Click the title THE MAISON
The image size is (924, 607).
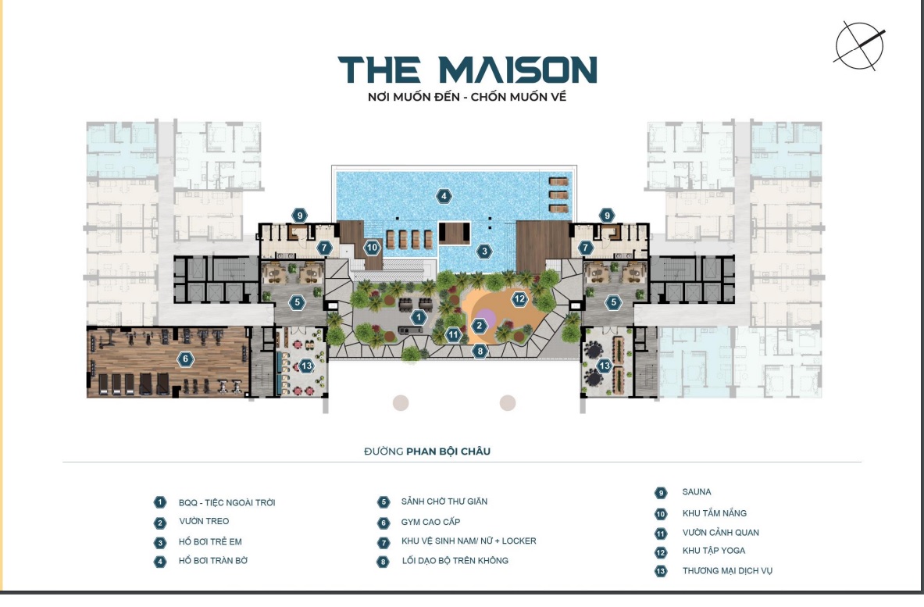467,70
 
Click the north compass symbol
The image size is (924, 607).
859,46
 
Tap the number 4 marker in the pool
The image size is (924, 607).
444,196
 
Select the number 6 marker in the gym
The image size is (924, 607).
186,359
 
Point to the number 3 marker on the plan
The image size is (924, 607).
484,251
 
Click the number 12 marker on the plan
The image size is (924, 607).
519,298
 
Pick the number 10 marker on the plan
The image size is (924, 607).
372,248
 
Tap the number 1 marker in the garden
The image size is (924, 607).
419,318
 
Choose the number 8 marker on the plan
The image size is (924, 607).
480,352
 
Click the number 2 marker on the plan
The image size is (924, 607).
479,325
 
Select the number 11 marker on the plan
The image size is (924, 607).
453,334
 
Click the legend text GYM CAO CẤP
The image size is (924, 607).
431,522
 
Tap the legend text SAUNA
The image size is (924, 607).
697,491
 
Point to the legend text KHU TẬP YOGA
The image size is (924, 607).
714,551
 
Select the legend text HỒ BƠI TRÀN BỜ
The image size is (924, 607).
213,560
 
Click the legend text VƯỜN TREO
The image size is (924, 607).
204,521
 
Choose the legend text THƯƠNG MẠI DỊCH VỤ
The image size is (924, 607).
727,570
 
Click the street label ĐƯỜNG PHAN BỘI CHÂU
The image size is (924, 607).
427,452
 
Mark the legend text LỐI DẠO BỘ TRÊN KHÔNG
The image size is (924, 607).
455,560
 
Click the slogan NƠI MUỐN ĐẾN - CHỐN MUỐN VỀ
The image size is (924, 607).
467,97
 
